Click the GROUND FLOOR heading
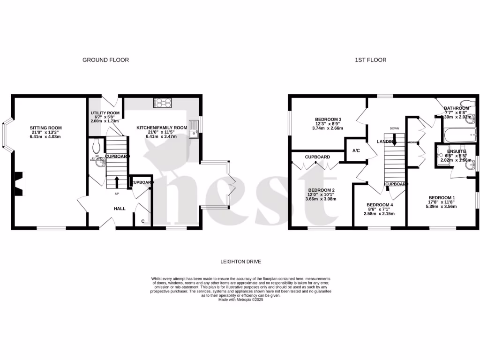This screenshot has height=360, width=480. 105,60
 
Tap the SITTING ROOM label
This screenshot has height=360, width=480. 45,128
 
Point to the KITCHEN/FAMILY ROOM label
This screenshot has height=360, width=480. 162,128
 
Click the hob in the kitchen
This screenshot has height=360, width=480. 162,102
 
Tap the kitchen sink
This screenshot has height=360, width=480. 193,134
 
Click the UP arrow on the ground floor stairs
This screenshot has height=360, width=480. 117,181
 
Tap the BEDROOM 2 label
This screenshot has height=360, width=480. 321,190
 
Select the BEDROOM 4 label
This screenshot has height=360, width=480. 379,205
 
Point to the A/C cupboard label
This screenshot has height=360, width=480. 356,151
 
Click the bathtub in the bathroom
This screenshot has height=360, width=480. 457,136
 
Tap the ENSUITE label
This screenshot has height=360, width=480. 456,151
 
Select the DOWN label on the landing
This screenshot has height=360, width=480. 394,128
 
